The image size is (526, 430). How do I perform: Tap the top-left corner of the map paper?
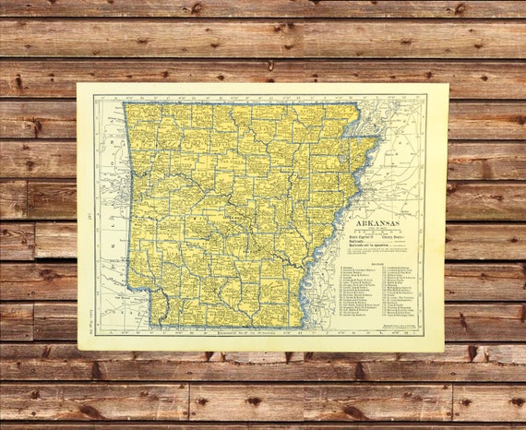[x=78, y=84]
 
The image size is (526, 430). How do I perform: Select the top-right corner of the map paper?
[x=447, y=84]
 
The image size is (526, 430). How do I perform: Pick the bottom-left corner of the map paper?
[x=78, y=351]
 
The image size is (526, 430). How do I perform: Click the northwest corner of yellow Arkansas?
[x=126, y=102]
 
